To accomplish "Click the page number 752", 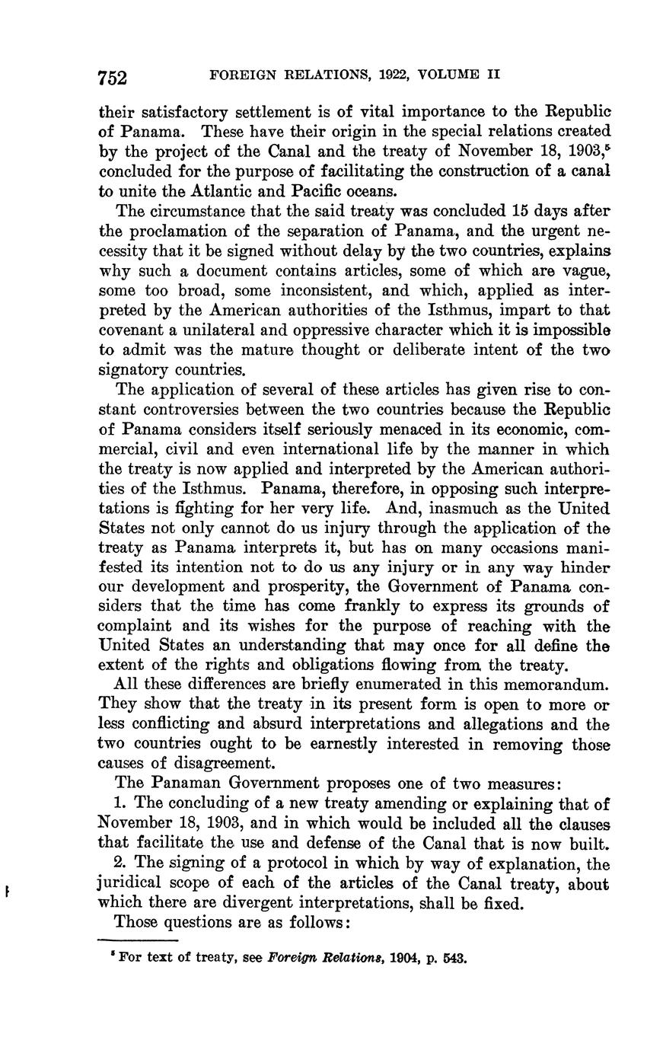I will [x=112, y=77].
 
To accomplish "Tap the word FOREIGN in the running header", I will [x=239, y=75].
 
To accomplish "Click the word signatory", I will [x=133, y=370].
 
